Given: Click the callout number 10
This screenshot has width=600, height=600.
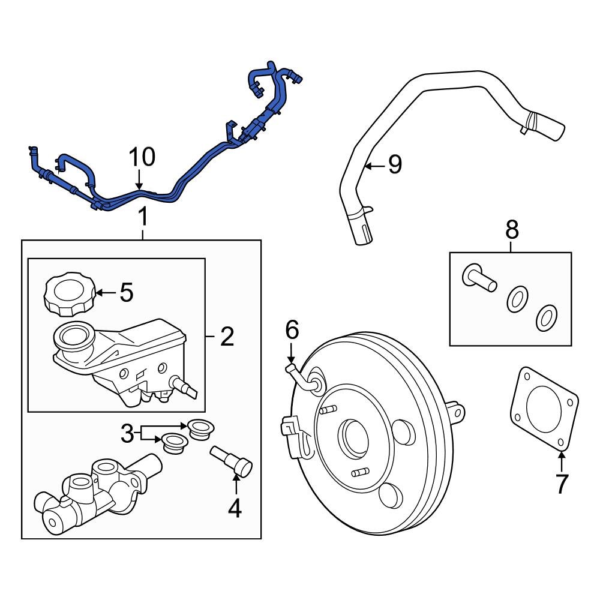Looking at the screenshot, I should (143, 157).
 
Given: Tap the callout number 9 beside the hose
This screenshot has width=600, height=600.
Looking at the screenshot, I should (394, 164).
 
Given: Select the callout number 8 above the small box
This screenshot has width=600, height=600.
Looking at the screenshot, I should (511, 229).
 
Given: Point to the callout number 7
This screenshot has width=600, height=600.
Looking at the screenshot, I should (561, 484).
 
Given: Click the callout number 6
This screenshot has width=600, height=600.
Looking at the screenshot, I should (292, 329).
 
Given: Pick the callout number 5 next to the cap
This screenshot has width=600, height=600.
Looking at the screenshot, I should (126, 292).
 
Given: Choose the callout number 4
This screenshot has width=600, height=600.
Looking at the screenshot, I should (234, 508).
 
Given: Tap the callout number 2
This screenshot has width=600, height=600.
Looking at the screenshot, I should (226, 337).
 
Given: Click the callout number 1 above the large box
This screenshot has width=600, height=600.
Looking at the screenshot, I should (143, 217).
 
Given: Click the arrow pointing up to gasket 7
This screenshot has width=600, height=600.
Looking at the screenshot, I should (561, 462).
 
